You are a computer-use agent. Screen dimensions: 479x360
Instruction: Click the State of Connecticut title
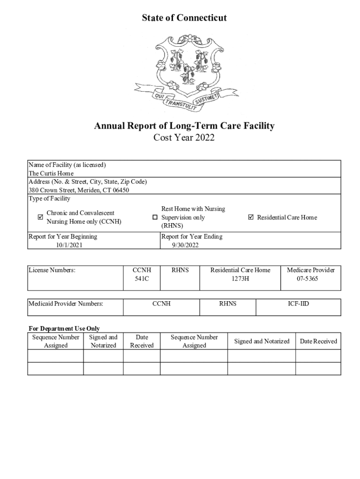(184, 18)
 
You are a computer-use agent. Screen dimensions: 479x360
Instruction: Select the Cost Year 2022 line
(184, 138)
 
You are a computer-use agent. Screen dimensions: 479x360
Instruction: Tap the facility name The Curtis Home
(51, 174)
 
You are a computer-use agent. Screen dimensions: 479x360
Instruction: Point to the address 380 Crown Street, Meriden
(79, 190)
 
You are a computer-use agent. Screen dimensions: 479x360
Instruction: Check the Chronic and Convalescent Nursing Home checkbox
(40, 217)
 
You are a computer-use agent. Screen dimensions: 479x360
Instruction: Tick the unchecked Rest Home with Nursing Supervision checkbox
(155, 218)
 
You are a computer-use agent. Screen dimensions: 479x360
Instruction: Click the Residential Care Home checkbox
(251, 217)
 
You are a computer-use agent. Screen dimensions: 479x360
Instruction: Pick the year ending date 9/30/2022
(185, 245)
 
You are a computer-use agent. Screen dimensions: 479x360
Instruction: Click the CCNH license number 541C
(142, 278)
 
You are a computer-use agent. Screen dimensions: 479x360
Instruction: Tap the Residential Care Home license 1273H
(240, 278)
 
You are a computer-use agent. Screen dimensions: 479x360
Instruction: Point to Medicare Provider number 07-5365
(310, 278)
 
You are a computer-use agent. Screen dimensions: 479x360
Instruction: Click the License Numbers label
(51, 270)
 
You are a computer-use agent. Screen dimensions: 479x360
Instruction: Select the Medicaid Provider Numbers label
(65, 304)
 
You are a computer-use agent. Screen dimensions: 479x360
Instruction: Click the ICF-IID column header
(298, 304)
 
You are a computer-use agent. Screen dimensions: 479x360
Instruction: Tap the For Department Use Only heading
(64, 328)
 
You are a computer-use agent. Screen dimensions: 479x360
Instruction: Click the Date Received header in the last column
(318, 341)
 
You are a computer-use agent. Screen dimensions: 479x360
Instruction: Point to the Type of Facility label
(49, 199)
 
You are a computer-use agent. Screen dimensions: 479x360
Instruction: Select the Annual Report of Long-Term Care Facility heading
(184, 126)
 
